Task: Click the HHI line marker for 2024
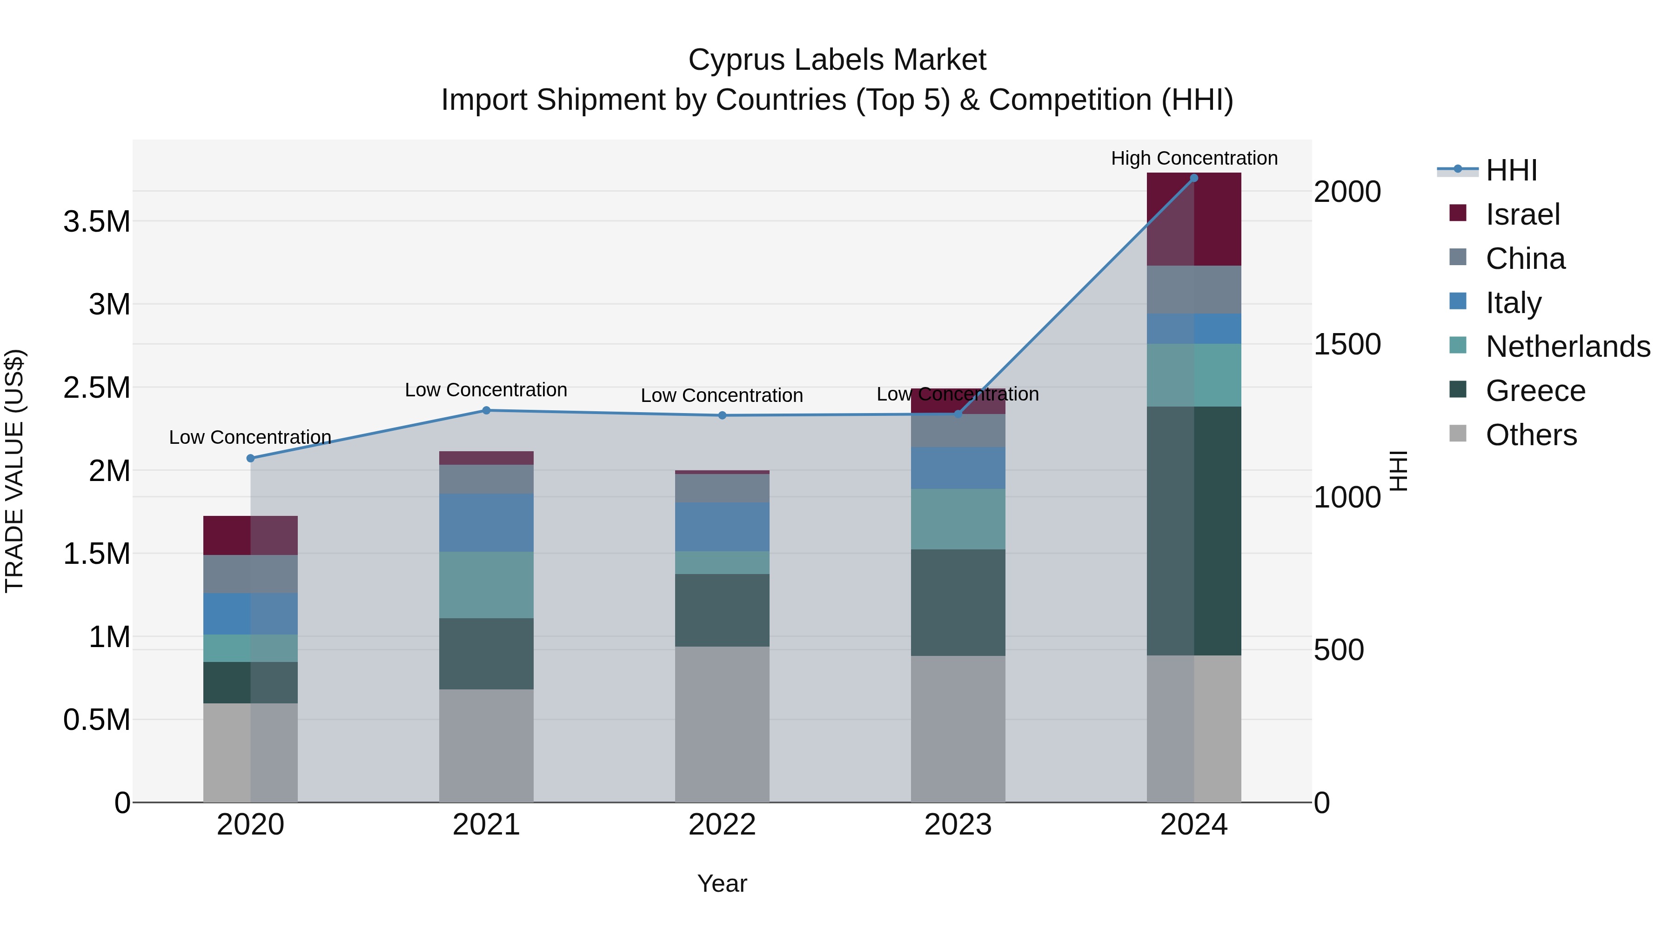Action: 1194,178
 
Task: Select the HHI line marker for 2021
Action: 486,410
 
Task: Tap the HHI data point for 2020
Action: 250,458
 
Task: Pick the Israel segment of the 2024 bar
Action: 1194,219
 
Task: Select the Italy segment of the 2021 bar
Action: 486,523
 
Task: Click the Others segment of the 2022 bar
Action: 722,724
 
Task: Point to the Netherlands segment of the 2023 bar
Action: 958,519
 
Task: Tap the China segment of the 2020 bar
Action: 250,574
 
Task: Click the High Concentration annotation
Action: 1194,158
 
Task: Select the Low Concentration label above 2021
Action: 486,390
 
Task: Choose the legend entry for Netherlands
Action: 1567,347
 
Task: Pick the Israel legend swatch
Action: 1458,213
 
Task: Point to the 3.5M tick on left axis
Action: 97,222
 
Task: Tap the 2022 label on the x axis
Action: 722,825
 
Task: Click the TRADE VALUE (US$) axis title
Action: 14,471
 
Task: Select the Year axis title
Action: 722,883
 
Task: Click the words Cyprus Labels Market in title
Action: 837,60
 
